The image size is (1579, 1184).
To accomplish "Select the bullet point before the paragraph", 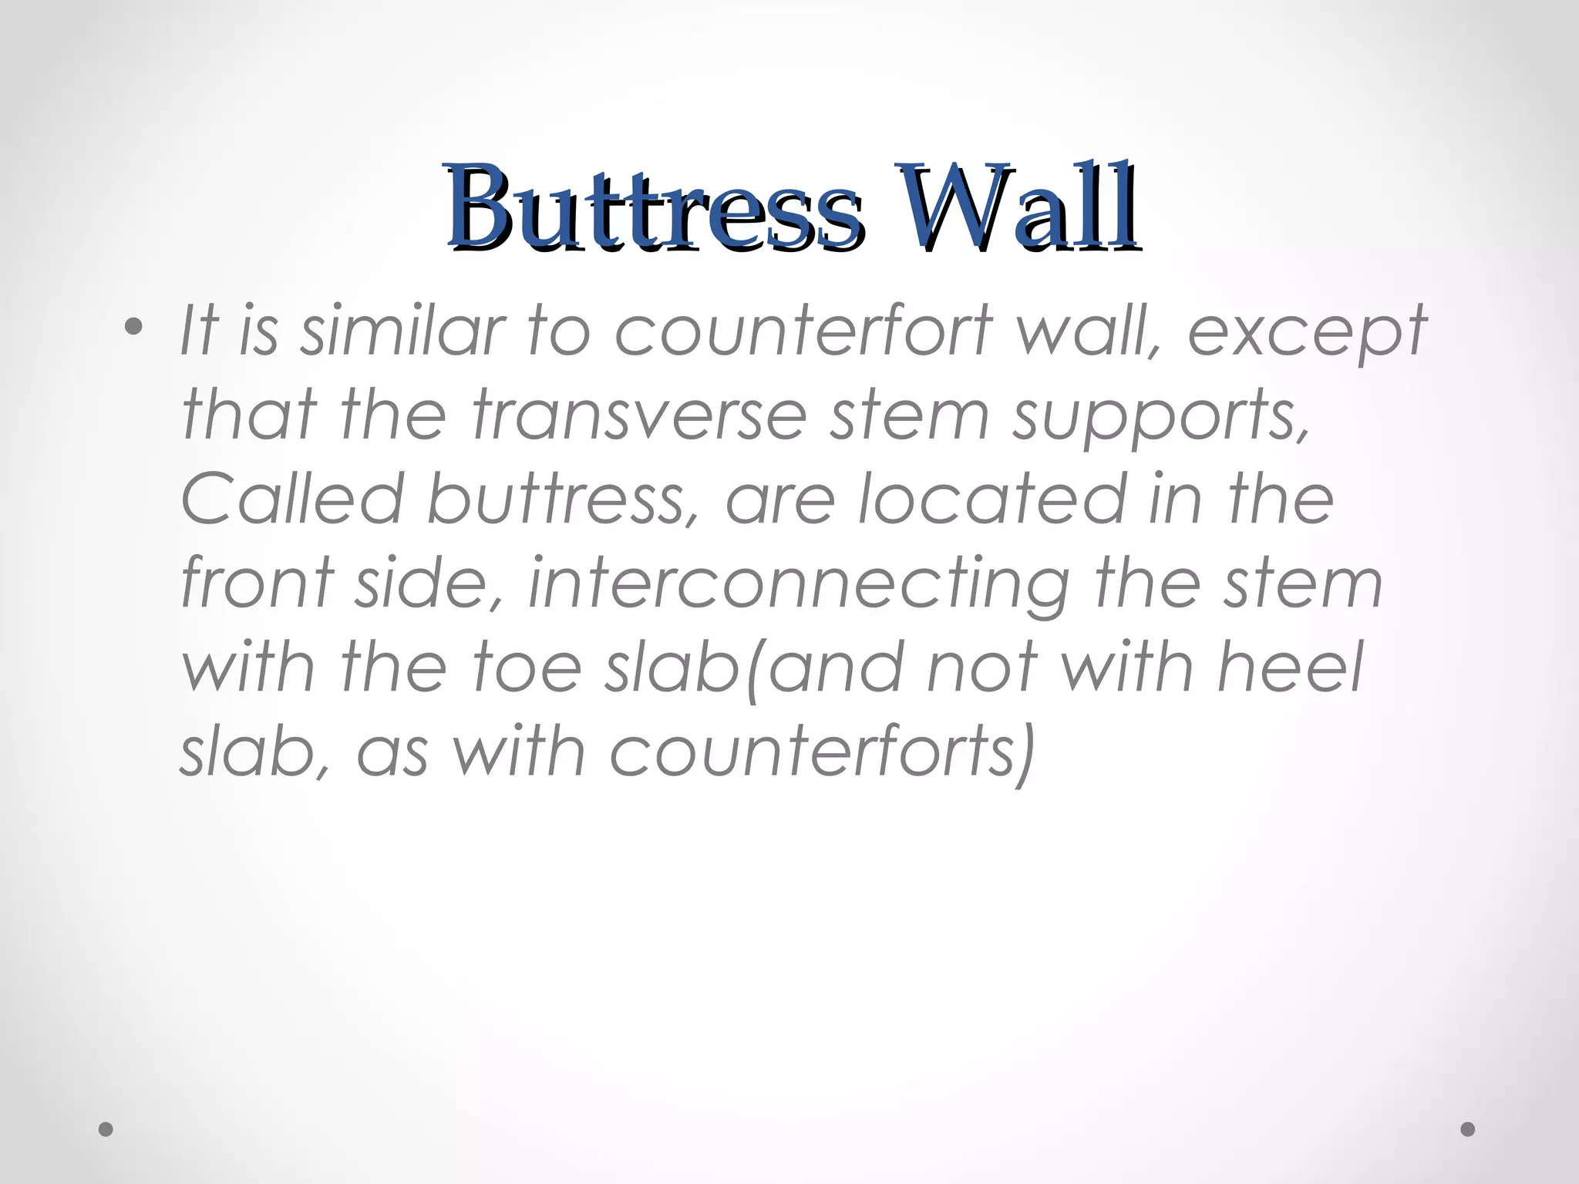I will coord(134,328).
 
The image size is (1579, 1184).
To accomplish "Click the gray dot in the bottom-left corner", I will coord(106,1129).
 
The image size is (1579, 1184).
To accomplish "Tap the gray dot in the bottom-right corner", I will coord(1468,1129).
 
